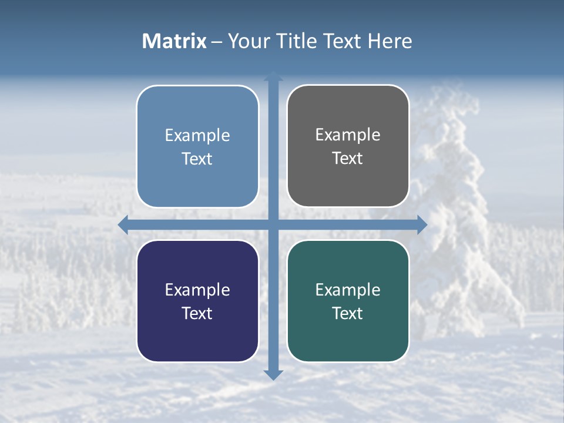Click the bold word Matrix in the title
(174, 41)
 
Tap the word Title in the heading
(297, 41)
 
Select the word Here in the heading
(390, 41)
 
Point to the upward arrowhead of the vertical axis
(273, 77)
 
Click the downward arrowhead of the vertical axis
(273, 374)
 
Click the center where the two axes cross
(273, 225)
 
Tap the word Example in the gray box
(348, 135)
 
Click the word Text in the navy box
(197, 313)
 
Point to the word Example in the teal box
(348, 290)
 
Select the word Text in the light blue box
(197, 159)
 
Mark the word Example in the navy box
(197, 290)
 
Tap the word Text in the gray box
(348, 158)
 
